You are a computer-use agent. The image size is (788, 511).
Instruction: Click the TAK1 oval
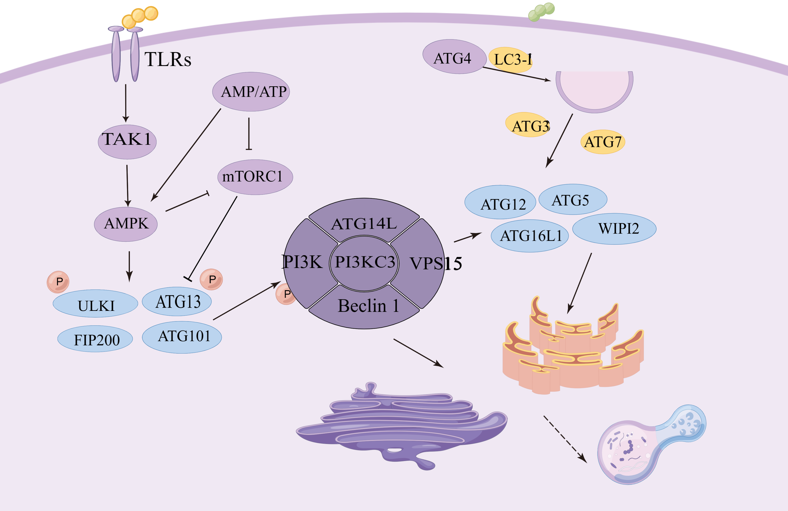[x=127, y=142]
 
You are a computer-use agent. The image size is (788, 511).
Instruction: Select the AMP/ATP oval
[x=251, y=92]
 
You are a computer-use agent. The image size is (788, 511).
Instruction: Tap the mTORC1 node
[x=255, y=177]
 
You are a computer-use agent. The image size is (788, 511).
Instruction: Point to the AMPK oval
[x=126, y=224]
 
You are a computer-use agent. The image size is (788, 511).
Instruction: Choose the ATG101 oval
[x=182, y=337]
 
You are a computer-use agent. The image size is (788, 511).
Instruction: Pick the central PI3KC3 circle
[x=364, y=263]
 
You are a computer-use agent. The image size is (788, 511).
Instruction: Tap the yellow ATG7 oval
[x=603, y=142]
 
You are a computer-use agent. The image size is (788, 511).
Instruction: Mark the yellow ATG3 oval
[x=528, y=125]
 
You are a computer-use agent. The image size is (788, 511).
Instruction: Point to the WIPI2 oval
[x=614, y=229]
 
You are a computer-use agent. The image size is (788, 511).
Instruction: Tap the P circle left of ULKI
[x=58, y=282]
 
